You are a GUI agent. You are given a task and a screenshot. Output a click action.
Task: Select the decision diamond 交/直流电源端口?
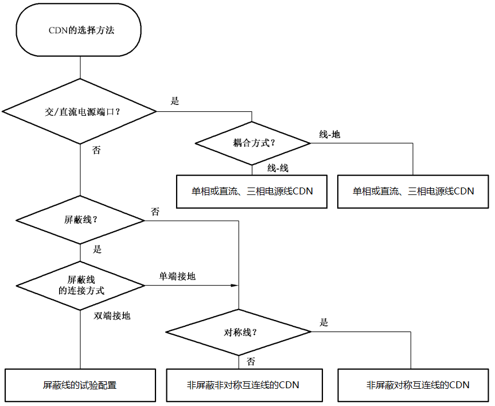pos(80,111)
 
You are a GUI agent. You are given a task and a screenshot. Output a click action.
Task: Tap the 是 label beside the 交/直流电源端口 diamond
pos(175,101)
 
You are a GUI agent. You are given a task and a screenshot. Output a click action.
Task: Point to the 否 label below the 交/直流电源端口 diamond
pos(96,150)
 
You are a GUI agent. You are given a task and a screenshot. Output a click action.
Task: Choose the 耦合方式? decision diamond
pos(252,143)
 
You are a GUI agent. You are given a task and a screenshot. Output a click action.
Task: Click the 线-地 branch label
pos(329,134)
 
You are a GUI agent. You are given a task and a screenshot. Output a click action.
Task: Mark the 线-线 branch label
pos(278,167)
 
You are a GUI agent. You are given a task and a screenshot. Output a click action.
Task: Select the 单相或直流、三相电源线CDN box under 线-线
pos(252,191)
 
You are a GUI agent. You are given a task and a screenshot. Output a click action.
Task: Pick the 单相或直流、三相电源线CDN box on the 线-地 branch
pos(413,191)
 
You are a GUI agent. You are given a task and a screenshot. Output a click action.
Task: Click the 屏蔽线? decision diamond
pos(80,220)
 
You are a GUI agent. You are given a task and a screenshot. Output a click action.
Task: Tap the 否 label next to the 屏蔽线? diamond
pos(155,212)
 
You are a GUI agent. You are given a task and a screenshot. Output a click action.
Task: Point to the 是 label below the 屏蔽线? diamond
pos(97,249)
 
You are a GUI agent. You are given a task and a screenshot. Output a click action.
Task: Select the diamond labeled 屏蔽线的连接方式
pos(80,285)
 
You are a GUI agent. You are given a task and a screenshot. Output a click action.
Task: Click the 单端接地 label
pos(177,276)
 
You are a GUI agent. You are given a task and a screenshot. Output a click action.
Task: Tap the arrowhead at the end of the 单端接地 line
pos(235,285)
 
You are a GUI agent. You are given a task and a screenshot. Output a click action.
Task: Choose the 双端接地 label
pos(112,315)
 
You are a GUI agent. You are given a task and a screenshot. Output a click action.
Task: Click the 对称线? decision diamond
pos(239,332)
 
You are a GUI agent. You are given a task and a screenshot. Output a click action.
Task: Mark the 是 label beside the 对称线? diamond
pos(323,323)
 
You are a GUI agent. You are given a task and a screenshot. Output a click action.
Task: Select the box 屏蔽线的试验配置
pos(80,385)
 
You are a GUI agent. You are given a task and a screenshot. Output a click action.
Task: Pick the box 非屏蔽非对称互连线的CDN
pos(243,385)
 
